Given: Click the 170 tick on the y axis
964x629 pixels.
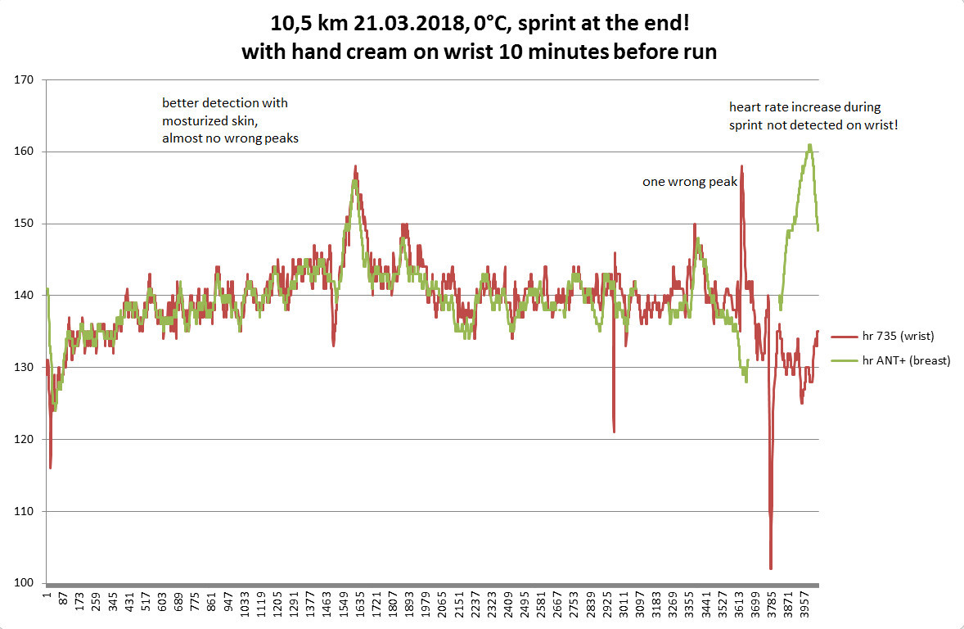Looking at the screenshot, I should point(25,80).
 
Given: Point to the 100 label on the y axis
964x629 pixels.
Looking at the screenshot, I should point(25,584).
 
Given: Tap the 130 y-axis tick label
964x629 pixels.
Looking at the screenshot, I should point(25,368).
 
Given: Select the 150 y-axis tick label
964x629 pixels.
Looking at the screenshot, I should point(25,224).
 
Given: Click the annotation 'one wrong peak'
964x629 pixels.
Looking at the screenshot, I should point(690,183).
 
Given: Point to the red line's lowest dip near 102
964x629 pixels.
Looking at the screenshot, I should point(771,568).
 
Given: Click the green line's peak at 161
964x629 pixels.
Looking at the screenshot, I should point(809,145).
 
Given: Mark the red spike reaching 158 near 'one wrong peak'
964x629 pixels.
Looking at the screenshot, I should point(741,166).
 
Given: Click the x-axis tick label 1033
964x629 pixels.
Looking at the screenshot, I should point(245,607).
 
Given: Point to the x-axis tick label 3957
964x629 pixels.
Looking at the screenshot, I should point(806,607).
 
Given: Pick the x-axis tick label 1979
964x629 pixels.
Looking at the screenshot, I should point(426,607).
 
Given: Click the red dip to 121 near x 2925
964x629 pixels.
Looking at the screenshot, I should point(613,431).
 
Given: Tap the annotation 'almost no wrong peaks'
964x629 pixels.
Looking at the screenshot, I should point(230,138).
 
